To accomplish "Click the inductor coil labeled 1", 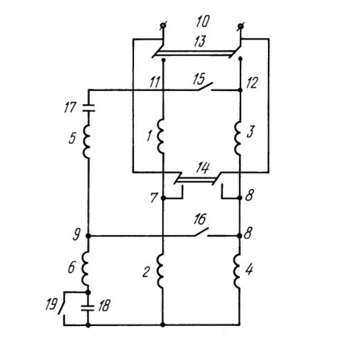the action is click(x=160, y=136).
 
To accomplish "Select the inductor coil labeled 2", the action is click(x=160, y=271).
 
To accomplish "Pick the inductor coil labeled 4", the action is click(x=237, y=271).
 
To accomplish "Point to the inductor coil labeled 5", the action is click(x=87, y=141).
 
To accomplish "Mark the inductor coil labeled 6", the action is click(x=86, y=268).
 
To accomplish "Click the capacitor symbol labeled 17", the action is click(x=88, y=108).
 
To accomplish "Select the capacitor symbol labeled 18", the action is click(x=88, y=308).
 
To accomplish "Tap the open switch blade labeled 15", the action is click(x=205, y=86).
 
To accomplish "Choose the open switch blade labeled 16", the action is click(x=201, y=232).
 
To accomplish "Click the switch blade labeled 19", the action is click(x=61, y=306).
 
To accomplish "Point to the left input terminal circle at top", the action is click(x=163, y=26).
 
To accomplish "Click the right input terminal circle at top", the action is click(x=240, y=26).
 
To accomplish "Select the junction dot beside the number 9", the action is click(x=88, y=236).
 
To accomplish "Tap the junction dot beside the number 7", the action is click(x=163, y=198).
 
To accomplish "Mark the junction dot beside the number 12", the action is click(x=240, y=90).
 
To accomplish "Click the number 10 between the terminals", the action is click(x=203, y=22).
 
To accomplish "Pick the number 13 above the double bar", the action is click(x=199, y=42).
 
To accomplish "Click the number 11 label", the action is click(x=155, y=82).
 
